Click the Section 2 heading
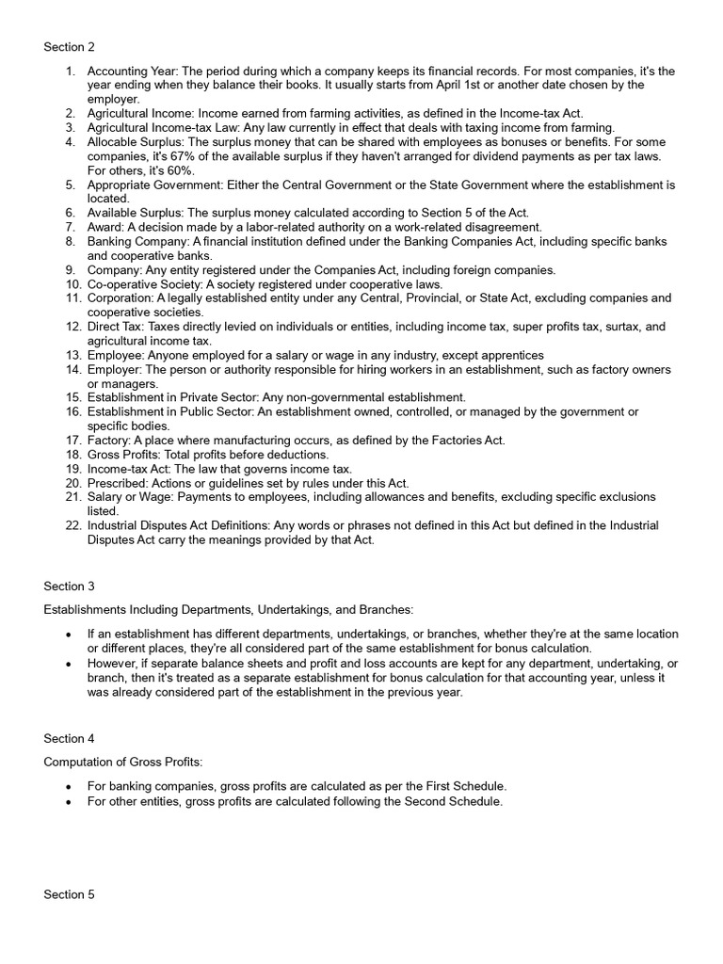[x=69, y=46]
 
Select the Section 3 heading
[x=69, y=586]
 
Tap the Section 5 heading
[x=69, y=894]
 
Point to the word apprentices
[x=511, y=355]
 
